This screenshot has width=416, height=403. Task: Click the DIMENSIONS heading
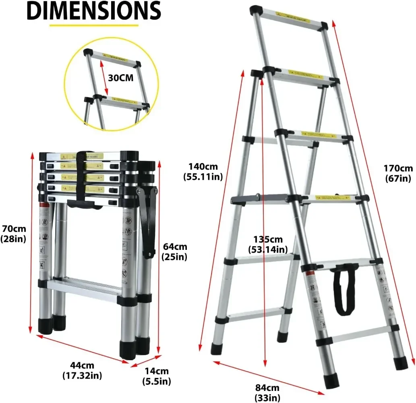[x=94, y=12]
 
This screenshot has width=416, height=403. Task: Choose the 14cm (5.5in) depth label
[x=157, y=376]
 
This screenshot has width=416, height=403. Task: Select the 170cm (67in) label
[x=397, y=173]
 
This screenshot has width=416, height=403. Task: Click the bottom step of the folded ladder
[x=84, y=289]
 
